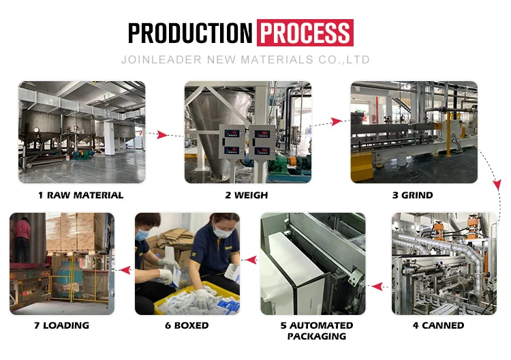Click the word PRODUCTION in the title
tap(190, 33)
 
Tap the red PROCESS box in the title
tap(305, 33)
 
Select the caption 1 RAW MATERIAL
tap(80, 195)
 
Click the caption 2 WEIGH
tap(247, 195)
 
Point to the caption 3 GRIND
tap(412, 195)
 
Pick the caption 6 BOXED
tap(187, 325)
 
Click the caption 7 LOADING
tap(61, 325)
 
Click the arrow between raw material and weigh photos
tap(164, 134)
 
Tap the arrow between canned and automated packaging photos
tap(377, 286)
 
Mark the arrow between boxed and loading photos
tap(124, 271)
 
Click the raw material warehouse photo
tap(82, 132)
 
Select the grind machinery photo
tap(414, 132)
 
